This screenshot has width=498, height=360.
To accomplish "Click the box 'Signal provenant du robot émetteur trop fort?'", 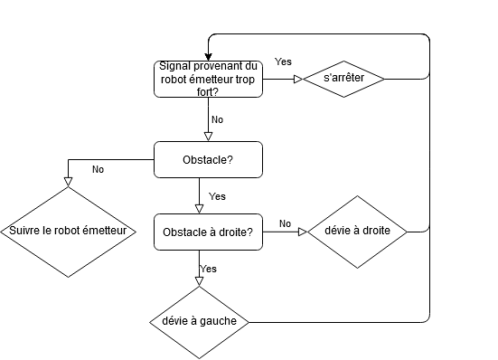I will point(208,79).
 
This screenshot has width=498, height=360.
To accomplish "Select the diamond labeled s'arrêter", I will point(343,79).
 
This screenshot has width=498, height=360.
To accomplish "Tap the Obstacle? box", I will point(208,160).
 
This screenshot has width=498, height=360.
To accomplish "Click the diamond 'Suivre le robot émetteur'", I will point(69,232).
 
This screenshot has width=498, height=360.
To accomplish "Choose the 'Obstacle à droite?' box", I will point(208,232).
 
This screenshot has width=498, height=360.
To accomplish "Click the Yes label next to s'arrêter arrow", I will point(282,62).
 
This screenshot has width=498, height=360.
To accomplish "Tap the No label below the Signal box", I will point(217,119).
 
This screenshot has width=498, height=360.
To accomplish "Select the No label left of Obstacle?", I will point(98,169).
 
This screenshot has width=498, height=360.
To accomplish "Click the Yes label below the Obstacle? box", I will point(217,196).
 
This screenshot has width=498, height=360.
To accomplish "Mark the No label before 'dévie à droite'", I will point(285,223).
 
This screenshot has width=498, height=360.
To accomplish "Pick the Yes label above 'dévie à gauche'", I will point(209,269).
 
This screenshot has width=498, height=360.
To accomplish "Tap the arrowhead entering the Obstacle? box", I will point(208,137).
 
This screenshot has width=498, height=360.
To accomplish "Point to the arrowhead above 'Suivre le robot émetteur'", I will point(69,181).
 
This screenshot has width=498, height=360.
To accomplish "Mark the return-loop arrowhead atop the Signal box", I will point(208,56).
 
